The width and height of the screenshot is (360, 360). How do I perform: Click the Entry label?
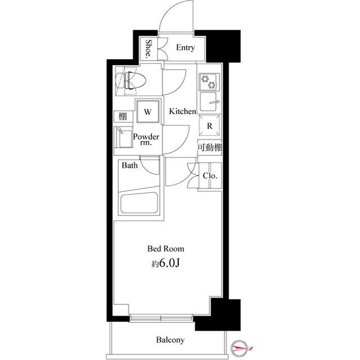(186, 47)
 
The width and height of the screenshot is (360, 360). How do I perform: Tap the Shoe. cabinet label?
(149, 48)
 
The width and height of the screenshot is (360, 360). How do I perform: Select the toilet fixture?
(131, 81)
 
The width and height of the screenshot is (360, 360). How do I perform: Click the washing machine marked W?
(148, 111)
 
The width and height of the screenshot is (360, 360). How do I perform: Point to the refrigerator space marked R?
(209, 126)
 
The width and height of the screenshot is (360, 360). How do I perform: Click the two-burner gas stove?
(209, 82)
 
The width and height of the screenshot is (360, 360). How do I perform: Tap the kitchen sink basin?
(209, 102)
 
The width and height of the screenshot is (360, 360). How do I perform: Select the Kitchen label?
(182, 111)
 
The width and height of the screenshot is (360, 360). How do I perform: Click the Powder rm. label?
(146, 139)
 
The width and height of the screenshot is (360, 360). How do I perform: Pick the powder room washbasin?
(124, 137)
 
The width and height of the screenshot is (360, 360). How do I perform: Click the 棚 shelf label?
(123, 116)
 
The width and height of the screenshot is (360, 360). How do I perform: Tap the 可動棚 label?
(210, 147)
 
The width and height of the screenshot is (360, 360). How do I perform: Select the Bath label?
(130, 165)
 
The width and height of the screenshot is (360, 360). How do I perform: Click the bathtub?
(139, 204)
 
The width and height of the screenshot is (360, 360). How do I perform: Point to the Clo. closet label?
(210, 176)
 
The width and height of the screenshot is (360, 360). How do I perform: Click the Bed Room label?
(166, 249)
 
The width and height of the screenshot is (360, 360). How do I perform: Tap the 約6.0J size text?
(165, 263)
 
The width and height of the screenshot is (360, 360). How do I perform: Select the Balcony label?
(170, 340)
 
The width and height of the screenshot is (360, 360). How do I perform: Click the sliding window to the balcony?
(161, 318)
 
